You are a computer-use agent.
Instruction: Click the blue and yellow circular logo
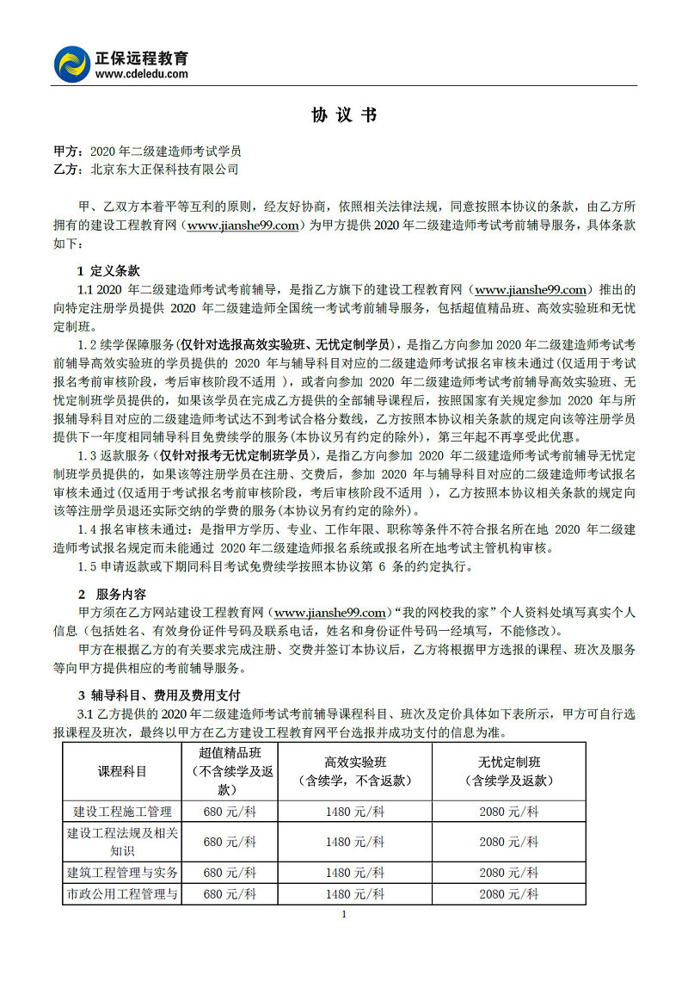71,65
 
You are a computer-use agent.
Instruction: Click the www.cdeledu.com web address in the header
140,74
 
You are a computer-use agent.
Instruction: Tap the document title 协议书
344,115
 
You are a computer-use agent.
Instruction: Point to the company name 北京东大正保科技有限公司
164,170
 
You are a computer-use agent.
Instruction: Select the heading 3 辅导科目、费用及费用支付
159,695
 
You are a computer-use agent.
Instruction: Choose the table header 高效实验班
355,762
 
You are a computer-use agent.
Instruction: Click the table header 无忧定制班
509,762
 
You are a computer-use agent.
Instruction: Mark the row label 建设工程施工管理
122,811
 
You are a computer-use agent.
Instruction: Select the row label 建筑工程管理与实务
122,872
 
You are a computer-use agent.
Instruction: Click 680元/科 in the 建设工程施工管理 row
230,811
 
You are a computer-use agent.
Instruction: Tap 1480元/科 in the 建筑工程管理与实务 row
355,872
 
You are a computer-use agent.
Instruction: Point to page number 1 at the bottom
344,914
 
